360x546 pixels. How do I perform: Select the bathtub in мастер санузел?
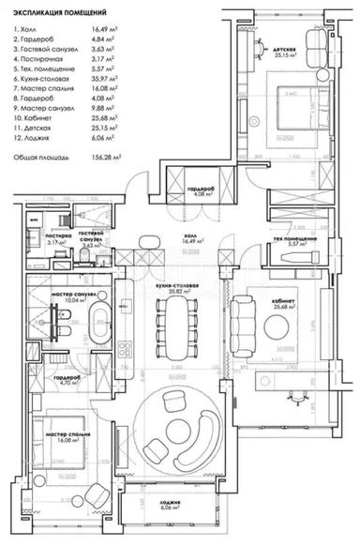point(100,324)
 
